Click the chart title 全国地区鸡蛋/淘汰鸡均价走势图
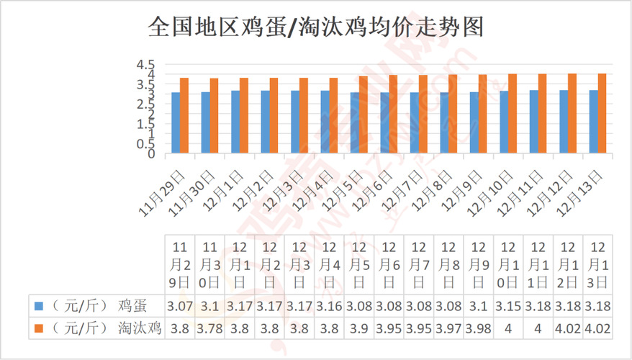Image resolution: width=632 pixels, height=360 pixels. tap(315, 27)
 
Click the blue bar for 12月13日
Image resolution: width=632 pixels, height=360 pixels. tap(593, 122)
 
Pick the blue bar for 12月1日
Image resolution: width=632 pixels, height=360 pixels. tap(235, 122)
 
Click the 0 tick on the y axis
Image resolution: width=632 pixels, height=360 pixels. tap(150, 153)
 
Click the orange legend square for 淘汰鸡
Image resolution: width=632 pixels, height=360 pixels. tap(41, 328)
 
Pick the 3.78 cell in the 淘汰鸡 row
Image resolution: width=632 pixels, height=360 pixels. tap(209, 328)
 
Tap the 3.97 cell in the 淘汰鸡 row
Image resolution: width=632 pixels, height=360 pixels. tap(448, 328)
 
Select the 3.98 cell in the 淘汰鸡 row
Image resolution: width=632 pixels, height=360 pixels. tap(479, 328)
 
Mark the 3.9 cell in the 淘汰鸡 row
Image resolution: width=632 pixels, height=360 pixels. tap(359, 328)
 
